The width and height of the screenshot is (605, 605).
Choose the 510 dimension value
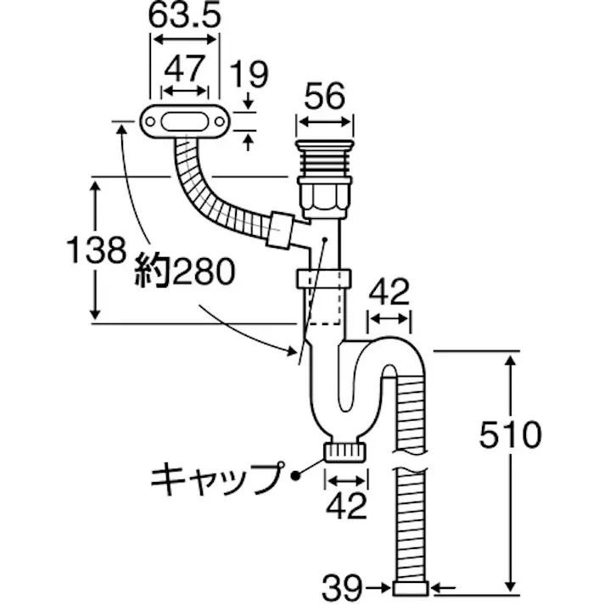point(509,435)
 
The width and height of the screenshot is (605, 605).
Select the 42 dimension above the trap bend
point(389,293)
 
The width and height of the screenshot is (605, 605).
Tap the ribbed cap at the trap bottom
point(345,451)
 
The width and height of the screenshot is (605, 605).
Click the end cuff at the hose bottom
point(413,587)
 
